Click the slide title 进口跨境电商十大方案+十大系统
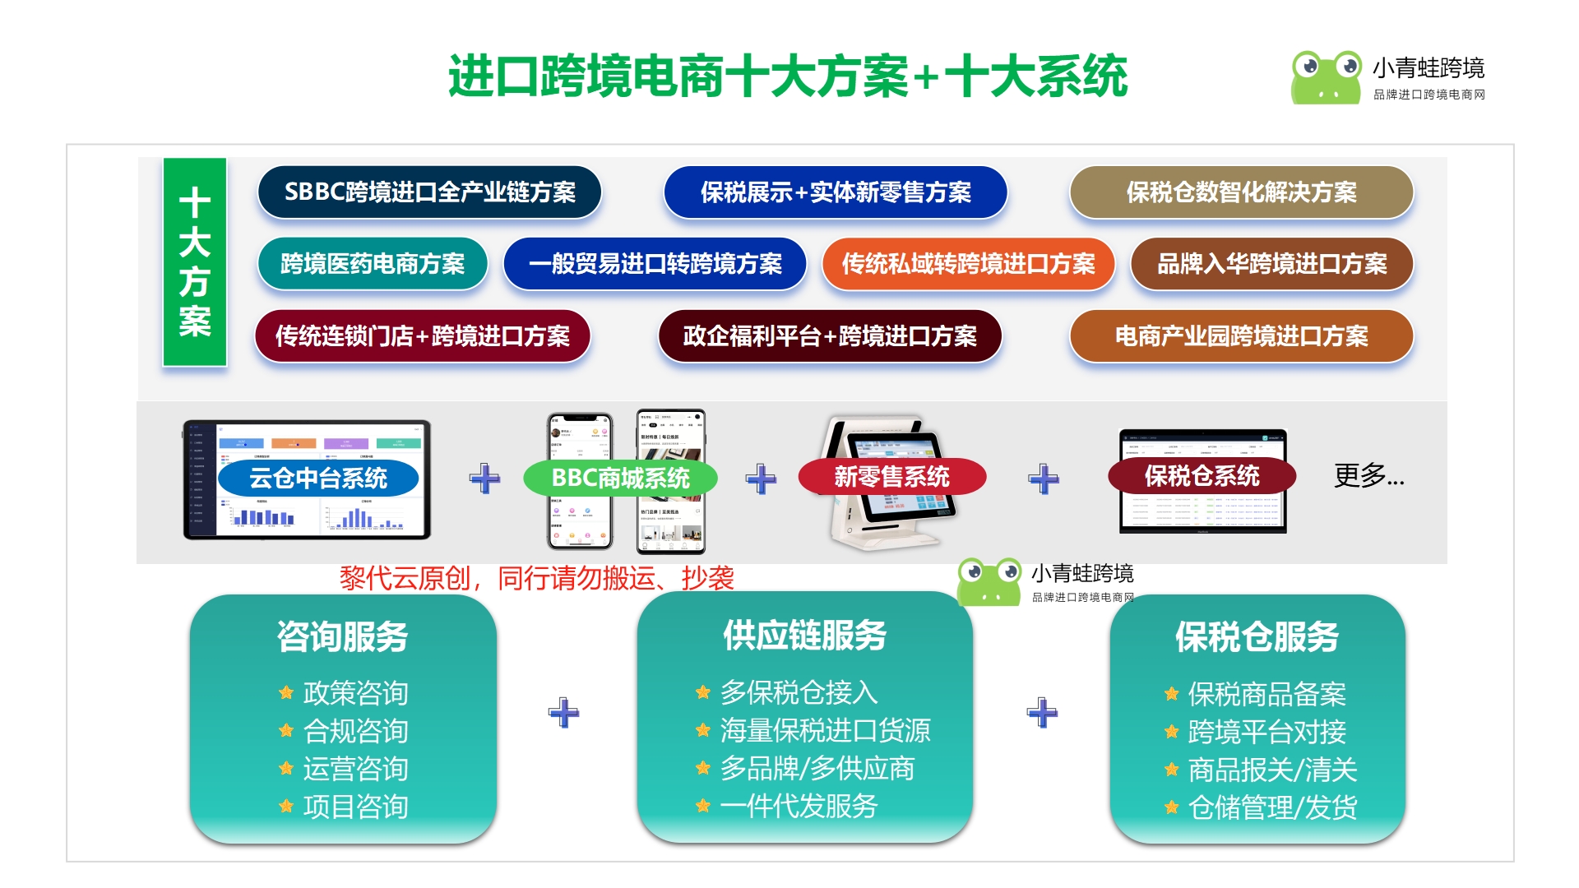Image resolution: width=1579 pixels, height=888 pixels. tap(788, 76)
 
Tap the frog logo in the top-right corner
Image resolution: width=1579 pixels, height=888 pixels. tap(1326, 76)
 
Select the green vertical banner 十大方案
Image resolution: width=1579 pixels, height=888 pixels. tap(195, 261)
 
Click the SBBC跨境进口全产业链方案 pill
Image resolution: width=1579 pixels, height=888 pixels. tap(429, 192)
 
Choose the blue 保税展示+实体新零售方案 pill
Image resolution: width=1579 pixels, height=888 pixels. tap(836, 192)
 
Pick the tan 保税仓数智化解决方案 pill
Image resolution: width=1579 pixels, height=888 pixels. tap(1241, 192)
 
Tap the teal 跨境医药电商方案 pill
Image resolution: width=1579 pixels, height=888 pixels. tap(373, 264)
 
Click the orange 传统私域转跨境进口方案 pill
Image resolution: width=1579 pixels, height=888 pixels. tap(968, 264)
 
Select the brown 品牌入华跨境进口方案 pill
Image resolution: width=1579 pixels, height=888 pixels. tap(1271, 264)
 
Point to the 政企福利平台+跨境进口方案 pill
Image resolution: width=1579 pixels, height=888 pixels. tap(830, 336)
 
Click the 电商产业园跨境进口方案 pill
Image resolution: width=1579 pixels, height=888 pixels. tap(1241, 336)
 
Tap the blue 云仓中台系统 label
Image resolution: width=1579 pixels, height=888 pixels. tap(318, 478)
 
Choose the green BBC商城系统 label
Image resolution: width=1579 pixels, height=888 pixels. tap(620, 478)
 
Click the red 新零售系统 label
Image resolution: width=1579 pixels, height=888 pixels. tap(891, 477)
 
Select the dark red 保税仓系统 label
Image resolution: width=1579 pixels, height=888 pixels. tap(1202, 476)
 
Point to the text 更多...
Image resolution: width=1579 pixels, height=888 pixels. tap(1368, 475)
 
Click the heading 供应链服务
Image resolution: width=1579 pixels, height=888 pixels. tap(804, 636)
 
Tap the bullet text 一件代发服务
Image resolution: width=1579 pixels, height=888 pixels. tap(799, 807)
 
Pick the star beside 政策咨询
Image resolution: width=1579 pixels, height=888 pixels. tap(286, 693)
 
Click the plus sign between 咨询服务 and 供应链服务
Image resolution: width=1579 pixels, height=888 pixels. tap(564, 712)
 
